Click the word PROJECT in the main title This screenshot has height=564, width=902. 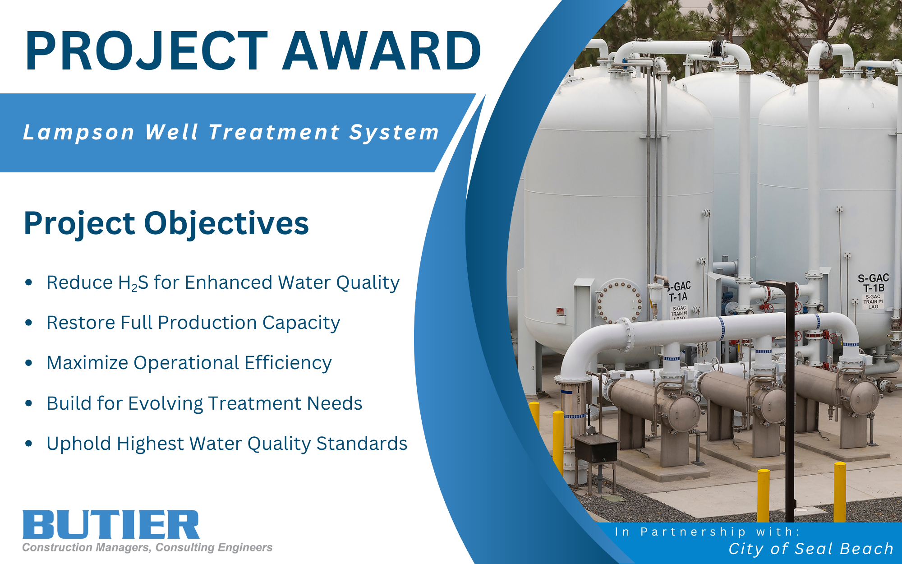click(x=147, y=51)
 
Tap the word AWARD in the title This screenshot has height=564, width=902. click(x=382, y=51)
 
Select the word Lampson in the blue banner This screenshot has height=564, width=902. click(x=79, y=133)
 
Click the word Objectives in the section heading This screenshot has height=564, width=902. click(x=226, y=224)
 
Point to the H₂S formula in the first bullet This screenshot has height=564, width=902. click(x=133, y=283)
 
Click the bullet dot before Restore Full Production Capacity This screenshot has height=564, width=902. click(x=29, y=323)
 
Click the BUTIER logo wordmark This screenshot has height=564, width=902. click(x=111, y=524)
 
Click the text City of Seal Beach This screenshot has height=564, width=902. click(x=811, y=549)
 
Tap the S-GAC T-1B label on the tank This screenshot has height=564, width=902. click(x=873, y=283)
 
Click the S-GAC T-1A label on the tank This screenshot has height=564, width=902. click(x=679, y=291)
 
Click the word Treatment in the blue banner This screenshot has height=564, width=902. click(x=274, y=133)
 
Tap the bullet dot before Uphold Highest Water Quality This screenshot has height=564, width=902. click(x=29, y=444)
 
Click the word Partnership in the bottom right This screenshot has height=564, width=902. click(x=693, y=532)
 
